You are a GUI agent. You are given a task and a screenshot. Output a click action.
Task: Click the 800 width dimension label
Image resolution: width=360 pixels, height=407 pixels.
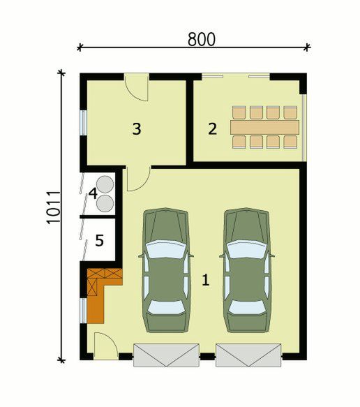[x=202, y=39]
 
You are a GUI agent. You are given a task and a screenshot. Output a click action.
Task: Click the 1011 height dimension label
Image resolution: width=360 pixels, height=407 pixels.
[x=53, y=207]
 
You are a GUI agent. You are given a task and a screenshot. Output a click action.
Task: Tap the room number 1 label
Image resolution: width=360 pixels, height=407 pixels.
[x=205, y=280]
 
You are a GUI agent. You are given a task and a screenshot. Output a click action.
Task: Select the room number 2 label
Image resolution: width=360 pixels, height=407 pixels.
[x=212, y=128]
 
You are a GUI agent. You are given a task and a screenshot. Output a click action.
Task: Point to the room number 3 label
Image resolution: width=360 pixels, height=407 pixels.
[x=137, y=128]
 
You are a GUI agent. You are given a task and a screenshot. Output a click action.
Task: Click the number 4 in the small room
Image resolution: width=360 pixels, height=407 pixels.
[x=93, y=193]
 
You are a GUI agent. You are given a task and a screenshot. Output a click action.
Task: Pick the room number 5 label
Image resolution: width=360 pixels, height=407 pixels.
[x=99, y=240]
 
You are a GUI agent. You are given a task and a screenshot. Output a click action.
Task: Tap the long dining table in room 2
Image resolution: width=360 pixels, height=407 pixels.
[x=264, y=127]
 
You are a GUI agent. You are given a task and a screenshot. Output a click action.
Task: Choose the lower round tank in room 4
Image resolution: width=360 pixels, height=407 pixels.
[x=105, y=202]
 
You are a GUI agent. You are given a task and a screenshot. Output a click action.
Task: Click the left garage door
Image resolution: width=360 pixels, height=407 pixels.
[x=166, y=355]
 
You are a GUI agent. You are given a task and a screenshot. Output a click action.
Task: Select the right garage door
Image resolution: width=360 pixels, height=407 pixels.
[x=248, y=355]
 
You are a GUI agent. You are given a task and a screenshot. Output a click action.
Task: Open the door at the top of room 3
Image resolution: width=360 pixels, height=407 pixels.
[x=137, y=87]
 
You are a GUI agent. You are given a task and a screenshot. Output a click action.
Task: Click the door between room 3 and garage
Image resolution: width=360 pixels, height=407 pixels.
[x=138, y=179]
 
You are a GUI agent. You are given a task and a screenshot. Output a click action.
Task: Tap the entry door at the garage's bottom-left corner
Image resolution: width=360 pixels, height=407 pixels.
[x=105, y=346]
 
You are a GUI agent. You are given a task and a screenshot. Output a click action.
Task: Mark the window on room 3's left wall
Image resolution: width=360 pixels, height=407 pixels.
[x=83, y=123]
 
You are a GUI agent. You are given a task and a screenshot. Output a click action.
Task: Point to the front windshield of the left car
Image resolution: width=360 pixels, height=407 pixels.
[x=166, y=249]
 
